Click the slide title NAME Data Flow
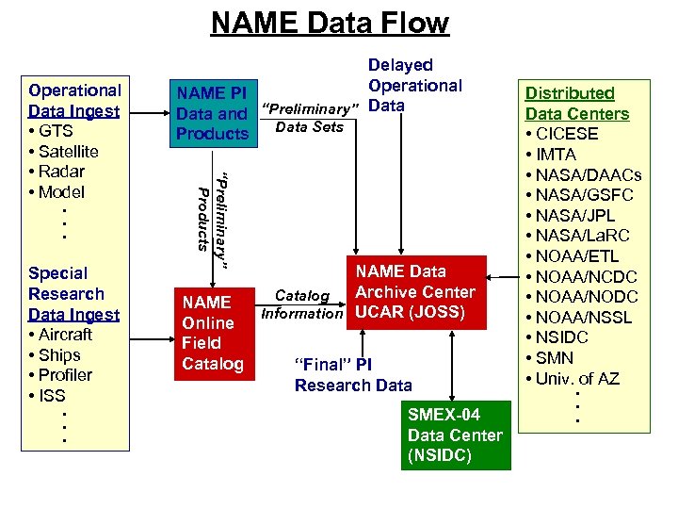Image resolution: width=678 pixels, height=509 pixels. [330, 23]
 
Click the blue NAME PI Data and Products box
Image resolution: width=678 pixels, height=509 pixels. [212, 113]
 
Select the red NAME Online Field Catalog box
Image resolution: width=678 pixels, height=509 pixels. [212, 333]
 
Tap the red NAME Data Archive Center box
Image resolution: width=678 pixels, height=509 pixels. [414, 292]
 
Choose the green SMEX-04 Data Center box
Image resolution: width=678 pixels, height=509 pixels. [455, 435]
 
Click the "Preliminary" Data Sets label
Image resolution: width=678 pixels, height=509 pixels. [311, 116]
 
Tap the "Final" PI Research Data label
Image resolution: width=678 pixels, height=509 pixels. [353, 374]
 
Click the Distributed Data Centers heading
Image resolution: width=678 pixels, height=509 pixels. [576, 104]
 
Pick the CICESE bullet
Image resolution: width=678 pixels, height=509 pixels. [567, 134]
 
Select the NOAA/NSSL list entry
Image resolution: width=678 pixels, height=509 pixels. [582, 318]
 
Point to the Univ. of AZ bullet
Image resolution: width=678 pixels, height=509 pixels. [577, 379]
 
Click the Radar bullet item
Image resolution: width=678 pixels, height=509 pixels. [61, 172]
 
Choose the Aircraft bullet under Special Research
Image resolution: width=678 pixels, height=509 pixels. [65, 335]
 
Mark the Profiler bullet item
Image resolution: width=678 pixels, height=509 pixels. [65, 375]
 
